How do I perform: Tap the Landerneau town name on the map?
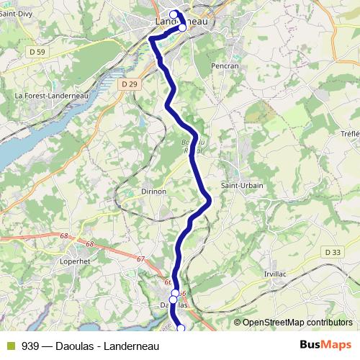click(x=181, y=22)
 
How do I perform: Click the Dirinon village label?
click(x=153, y=192)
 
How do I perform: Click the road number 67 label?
click(x=140, y=259)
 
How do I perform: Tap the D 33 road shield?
click(x=332, y=252)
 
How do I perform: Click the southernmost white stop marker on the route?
click(x=181, y=328)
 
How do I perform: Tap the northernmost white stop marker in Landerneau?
click(x=174, y=14)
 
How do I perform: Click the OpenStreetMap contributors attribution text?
click(x=297, y=323)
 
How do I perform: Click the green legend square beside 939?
click(x=10, y=345)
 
